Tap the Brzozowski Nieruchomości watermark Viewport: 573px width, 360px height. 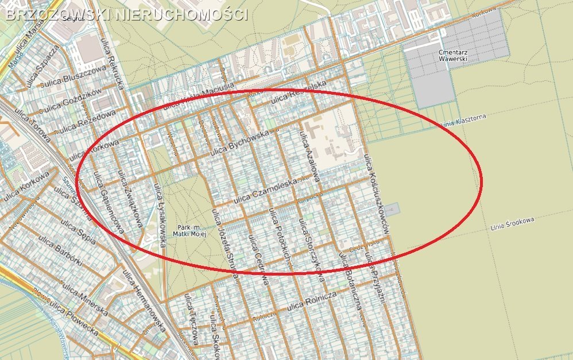[126, 14]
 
